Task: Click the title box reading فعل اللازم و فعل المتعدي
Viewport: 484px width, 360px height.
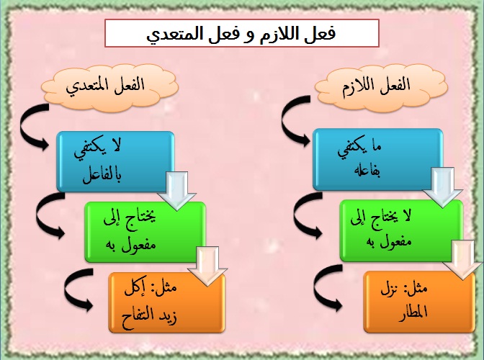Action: (x=242, y=34)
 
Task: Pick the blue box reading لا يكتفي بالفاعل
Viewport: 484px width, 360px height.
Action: (x=115, y=162)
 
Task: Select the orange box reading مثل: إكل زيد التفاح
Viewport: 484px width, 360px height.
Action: (x=166, y=302)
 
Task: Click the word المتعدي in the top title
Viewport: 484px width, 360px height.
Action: (x=176, y=34)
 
